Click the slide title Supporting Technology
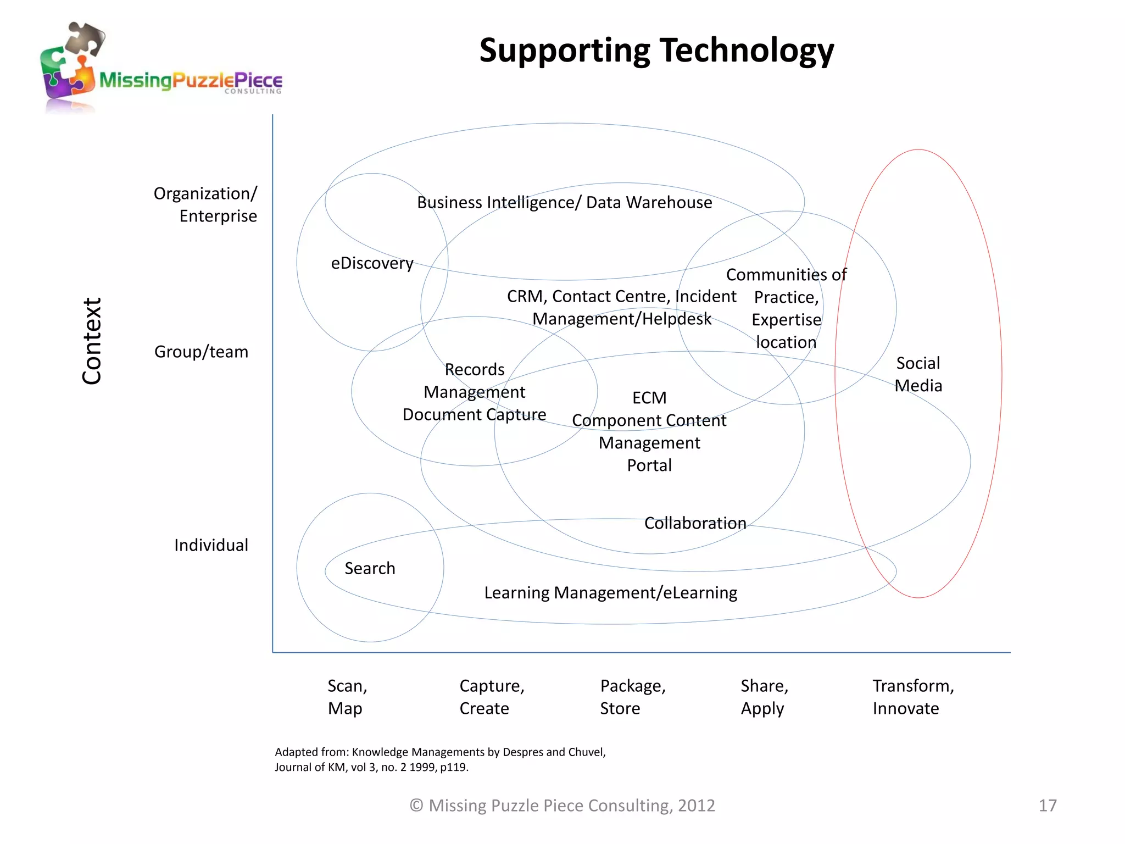[656, 51]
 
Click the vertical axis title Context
[92, 341]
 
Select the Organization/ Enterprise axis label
[205, 204]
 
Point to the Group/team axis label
[201, 352]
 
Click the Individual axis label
[211, 545]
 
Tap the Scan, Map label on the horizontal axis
[347, 697]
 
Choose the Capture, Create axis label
[492, 697]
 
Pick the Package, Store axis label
[632, 697]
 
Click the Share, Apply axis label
[764, 697]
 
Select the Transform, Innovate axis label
[913, 697]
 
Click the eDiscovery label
[372, 263]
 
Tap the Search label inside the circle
[370, 568]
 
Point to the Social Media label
[918, 374]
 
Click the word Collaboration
[695, 523]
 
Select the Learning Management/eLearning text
[610, 593]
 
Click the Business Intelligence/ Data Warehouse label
[564, 203]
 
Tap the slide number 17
[1048, 806]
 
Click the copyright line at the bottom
[562, 806]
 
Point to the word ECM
[649, 398]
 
